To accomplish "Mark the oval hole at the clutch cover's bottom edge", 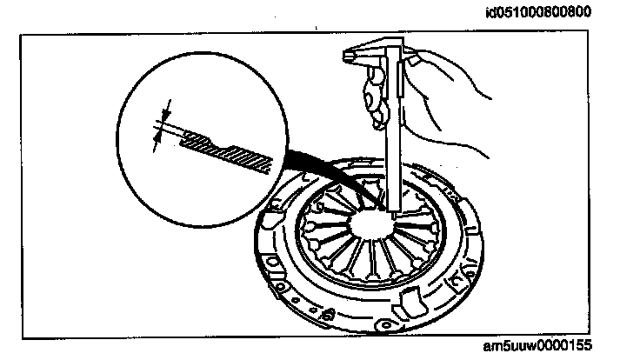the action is click(283, 286).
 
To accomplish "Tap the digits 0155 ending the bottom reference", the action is click(577, 345).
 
